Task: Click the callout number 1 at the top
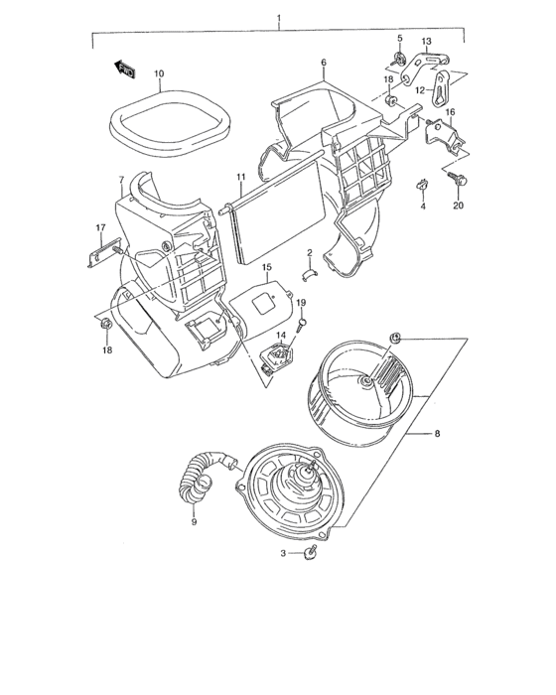(x=279, y=19)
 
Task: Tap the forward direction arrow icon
(x=125, y=68)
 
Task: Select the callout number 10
(x=159, y=73)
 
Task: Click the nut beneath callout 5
(x=400, y=60)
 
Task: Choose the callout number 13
(x=426, y=42)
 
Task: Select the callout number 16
(x=448, y=113)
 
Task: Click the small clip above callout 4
(x=421, y=184)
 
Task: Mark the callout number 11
(x=240, y=178)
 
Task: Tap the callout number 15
(x=266, y=268)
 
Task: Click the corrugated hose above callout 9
(x=205, y=477)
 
